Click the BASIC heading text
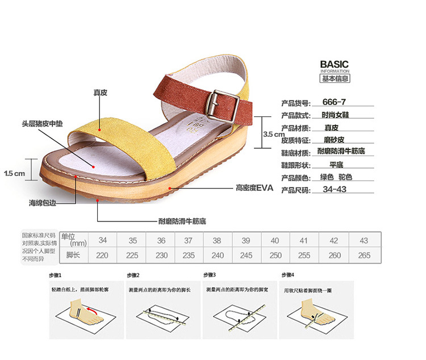point(334,64)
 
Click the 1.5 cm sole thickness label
point(15,173)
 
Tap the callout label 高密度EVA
point(255,187)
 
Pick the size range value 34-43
point(334,190)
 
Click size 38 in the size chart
point(216,240)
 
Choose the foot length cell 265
point(364,256)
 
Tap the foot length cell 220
point(102,256)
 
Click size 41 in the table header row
point(304,240)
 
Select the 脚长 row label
point(73,256)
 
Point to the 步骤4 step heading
point(287,275)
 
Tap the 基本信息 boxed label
point(335,78)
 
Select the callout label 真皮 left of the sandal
point(100,93)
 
